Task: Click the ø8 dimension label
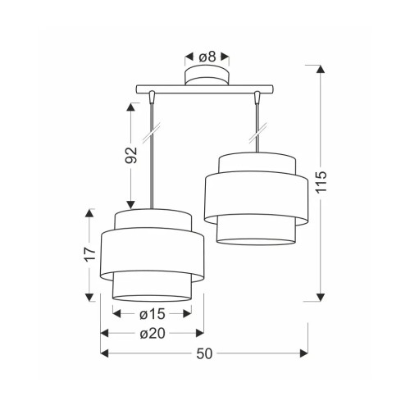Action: click(x=207, y=57)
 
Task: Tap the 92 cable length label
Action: click(x=131, y=155)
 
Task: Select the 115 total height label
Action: click(x=321, y=182)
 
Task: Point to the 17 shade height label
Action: click(x=90, y=254)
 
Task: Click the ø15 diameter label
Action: click(x=153, y=314)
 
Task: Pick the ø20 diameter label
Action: click(x=153, y=334)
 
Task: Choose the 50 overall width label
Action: click(x=204, y=354)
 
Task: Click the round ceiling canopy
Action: click(x=207, y=75)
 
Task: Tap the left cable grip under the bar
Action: click(x=152, y=98)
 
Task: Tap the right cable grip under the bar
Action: click(x=257, y=98)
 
